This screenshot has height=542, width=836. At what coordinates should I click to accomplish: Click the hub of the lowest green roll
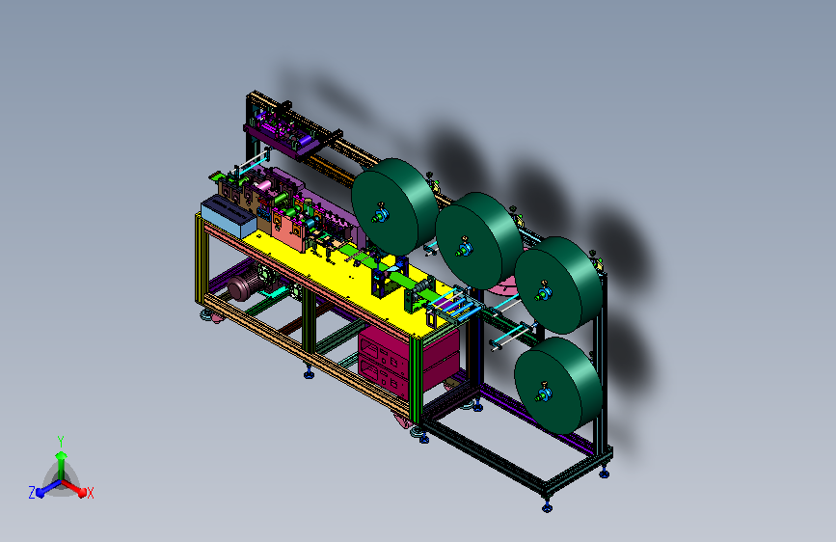pos(543,393)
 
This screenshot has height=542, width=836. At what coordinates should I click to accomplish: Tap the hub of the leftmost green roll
pos(381,214)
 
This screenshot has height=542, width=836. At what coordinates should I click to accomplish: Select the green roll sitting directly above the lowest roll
pos(558,285)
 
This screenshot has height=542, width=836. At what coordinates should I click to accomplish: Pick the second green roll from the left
pos(478,240)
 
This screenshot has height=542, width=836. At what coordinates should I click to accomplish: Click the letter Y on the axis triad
pos(61,441)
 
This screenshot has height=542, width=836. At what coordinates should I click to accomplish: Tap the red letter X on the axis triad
pos(90,493)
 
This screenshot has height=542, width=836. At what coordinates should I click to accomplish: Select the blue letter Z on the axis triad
pos(32,493)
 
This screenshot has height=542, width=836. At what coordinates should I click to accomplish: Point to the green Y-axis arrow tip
pos(61,455)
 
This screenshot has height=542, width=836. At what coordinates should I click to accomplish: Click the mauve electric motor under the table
pos(244,288)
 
